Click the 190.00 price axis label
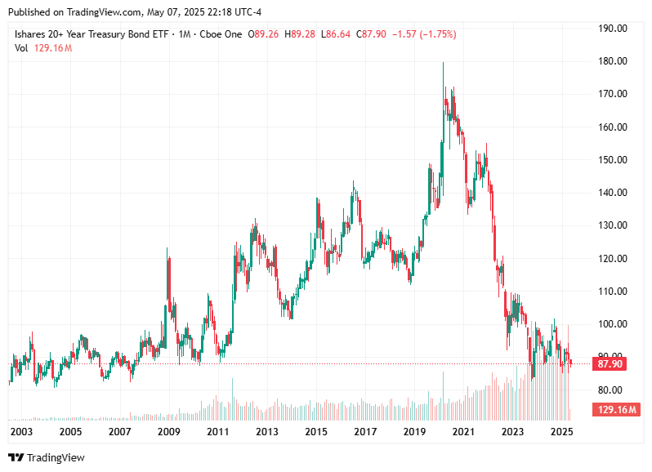pyautogui.click(x=612, y=28)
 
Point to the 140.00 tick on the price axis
pyautogui.click(x=612, y=193)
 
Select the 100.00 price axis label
pyautogui.click(x=612, y=324)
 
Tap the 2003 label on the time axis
pyautogui.click(x=21, y=431)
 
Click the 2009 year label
pyautogui.click(x=168, y=431)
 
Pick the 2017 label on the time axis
pyautogui.click(x=365, y=431)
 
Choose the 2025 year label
pyautogui.click(x=561, y=431)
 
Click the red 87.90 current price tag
pyautogui.click(x=611, y=364)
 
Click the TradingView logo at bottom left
pyautogui.click(x=47, y=458)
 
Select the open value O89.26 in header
pyautogui.click(x=267, y=34)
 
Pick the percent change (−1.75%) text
pyautogui.click(x=436, y=34)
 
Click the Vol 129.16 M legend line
pyautogui.click(x=43, y=48)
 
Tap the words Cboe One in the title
pyautogui.click(x=222, y=34)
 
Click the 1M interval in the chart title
pyautogui.click(x=184, y=34)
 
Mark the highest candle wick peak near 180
pyautogui.click(x=444, y=63)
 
